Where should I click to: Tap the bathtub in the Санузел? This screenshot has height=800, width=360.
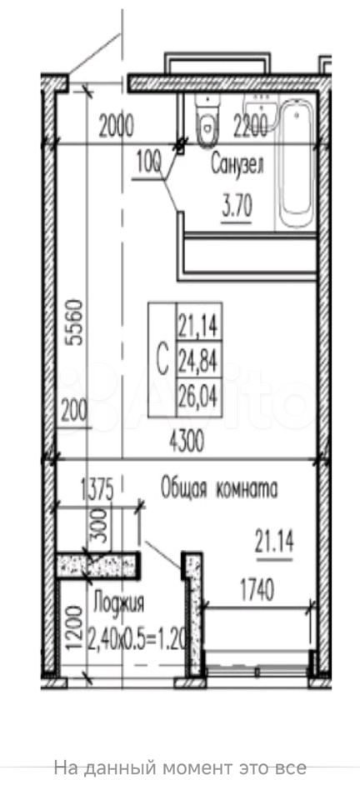[x=297, y=164]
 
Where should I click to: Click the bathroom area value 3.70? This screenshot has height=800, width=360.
[x=236, y=208]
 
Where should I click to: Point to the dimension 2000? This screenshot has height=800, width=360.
[x=117, y=127]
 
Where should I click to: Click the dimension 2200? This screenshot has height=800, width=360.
[x=250, y=127]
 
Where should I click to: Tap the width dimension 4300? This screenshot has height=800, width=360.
[x=186, y=442]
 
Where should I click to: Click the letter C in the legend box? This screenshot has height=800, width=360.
[x=162, y=361]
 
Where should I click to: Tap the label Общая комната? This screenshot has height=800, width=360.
[x=220, y=489]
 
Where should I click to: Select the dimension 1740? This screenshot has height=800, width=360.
[x=257, y=591]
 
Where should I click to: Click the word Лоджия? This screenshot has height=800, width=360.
[x=119, y=603]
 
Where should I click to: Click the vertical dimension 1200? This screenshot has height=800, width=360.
[x=75, y=627]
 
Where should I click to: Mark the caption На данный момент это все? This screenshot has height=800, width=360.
[x=180, y=767]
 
